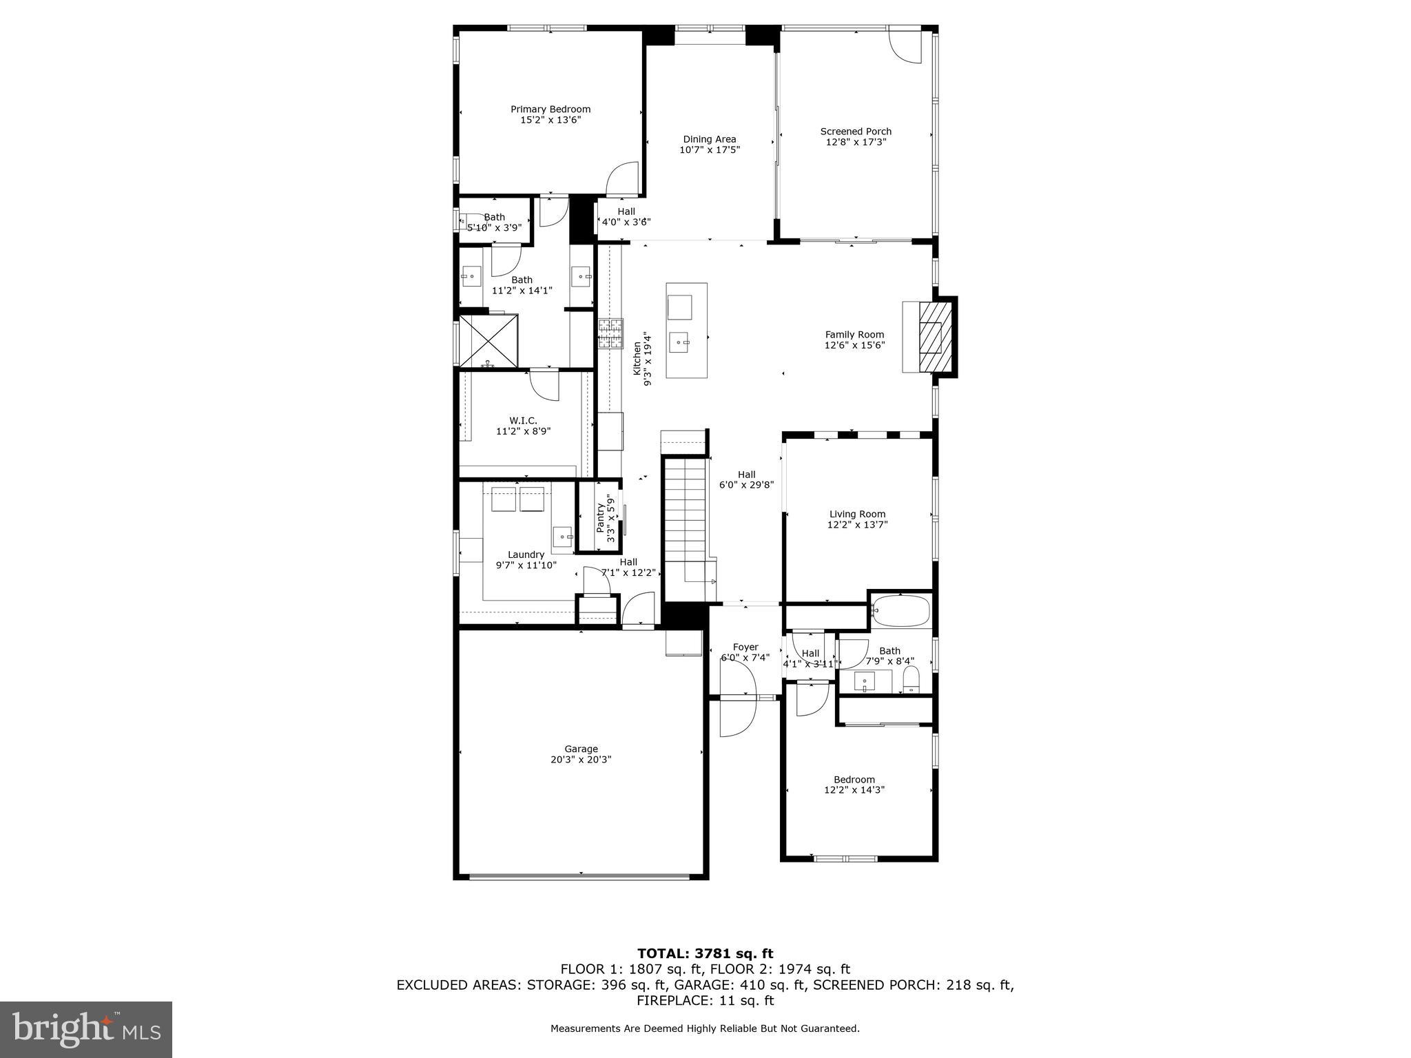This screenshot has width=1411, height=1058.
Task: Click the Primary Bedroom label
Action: (550, 109)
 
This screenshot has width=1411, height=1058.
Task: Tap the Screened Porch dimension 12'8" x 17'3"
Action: (856, 143)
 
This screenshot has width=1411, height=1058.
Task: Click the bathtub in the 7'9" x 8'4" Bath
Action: (900, 610)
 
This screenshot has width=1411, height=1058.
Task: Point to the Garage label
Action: (581, 749)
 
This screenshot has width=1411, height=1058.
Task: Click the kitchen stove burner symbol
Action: (610, 334)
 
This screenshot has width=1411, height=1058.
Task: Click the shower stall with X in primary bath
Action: (488, 341)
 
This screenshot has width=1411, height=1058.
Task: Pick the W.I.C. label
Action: (523, 420)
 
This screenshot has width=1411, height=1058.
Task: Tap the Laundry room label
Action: (526, 554)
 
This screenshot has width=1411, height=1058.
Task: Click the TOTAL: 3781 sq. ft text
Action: (705, 954)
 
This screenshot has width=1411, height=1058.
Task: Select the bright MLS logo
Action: (86, 1030)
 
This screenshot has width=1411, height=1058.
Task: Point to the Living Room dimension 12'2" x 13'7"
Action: (857, 525)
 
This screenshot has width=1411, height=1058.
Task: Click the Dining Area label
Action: (709, 139)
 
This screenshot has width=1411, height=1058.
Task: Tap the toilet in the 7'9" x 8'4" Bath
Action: (911, 679)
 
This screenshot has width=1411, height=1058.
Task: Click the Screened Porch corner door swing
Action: (905, 45)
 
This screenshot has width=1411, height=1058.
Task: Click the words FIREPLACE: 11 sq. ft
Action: (705, 1001)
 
